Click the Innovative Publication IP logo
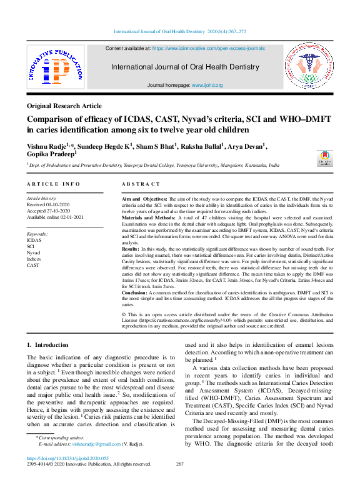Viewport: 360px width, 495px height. (55, 69)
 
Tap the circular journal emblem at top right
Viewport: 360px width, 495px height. (309, 68)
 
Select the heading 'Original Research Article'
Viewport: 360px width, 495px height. (64, 106)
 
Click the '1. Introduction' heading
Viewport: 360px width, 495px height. (47, 344)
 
